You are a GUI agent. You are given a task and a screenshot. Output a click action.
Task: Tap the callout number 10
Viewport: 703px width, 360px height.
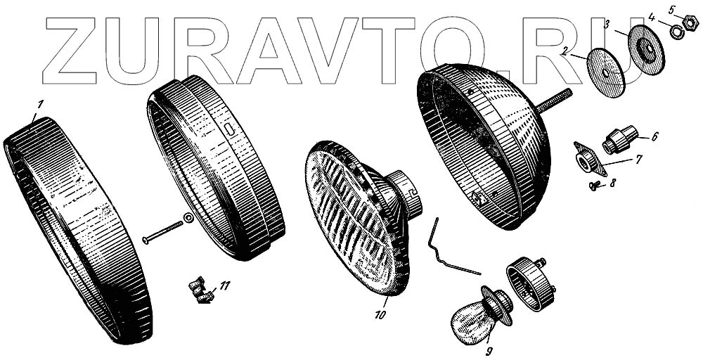click(380, 314)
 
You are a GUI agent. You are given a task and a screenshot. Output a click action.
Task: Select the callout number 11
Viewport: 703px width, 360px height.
click(224, 285)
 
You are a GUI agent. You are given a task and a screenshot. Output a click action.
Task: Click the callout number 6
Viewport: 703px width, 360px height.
click(654, 136)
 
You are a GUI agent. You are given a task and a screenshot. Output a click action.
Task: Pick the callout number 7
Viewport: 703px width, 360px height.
click(638, 160)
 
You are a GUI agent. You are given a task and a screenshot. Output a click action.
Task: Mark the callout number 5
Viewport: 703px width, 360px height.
click(671, 9)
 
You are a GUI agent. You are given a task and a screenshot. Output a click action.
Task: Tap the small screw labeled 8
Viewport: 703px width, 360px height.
click(594, 186)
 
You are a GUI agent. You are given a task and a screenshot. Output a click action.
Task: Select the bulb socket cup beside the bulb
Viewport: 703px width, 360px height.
click(531, 283)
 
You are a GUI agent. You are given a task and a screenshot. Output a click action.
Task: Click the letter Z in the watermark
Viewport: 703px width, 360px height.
click(73, 49)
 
